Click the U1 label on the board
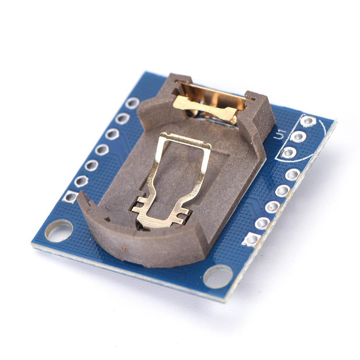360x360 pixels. (x=281, y=134)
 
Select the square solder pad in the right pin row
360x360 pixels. (x=252, y=240)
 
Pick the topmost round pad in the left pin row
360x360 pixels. (x=133, y=103)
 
